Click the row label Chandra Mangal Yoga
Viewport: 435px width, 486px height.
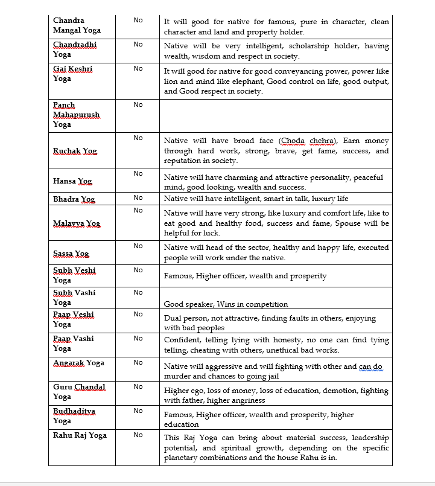click(x=77, y=25)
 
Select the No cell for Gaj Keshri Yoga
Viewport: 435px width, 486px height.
click(x=138, y=69)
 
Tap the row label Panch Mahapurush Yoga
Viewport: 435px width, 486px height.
click(x=76, y=115)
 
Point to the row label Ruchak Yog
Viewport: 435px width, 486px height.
click(x=75, y=151)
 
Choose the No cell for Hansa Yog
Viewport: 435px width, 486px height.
click(x=138, y=174)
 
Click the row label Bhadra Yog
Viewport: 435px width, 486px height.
click(x=74, y=199)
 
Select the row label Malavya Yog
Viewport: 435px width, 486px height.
click(x=77, y=223)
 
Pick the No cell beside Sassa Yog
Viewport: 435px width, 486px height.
click(x=138, y=246)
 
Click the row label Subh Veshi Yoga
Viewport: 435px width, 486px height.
click(x=74, y=275)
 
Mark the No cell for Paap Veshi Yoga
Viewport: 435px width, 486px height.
click(x=138, y=315)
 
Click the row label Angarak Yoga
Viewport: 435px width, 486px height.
click(x=78, y=363)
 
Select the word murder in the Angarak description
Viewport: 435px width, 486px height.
click(x=178, y=377)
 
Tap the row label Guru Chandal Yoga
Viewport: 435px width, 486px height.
click(x=79, y=392)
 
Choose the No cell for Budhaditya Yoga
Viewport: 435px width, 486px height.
click(x=138, y=411)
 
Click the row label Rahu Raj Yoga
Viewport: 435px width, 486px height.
click(x=80, y=435)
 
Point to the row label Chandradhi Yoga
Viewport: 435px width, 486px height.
click(x=75, y=50)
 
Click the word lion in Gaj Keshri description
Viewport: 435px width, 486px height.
click(x=173, y=82)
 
